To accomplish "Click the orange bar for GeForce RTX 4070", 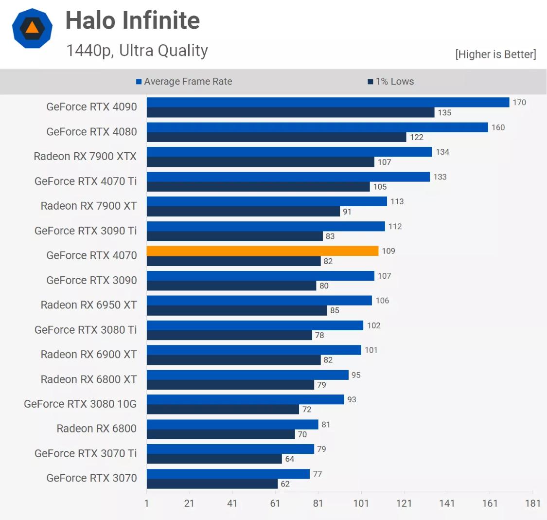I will coord(262,251).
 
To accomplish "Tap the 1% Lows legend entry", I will coord(391,82).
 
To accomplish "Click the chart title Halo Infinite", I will coord(132,21).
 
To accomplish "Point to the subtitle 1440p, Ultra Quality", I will coord(137,51).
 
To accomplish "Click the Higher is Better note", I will coord(495,54).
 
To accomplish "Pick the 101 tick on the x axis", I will coord(361,503).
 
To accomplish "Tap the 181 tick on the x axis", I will coord(532,503).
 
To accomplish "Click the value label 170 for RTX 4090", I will coord(519,103).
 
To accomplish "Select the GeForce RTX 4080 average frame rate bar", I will coord(317,127).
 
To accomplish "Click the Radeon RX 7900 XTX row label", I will coord(85,156).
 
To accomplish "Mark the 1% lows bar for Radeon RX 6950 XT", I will coord(236,310).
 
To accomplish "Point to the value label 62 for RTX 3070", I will coord(285,484).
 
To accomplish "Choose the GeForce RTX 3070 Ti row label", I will coord(86,453).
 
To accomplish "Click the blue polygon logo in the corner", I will coord(32,28).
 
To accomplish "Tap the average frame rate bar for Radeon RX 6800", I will coord(232,425).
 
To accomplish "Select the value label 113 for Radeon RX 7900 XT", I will coord(397,202).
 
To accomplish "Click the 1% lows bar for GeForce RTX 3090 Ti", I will coord(234,236).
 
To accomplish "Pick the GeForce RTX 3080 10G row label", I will coord(80,404).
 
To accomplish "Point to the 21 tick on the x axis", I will coord(189,503).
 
